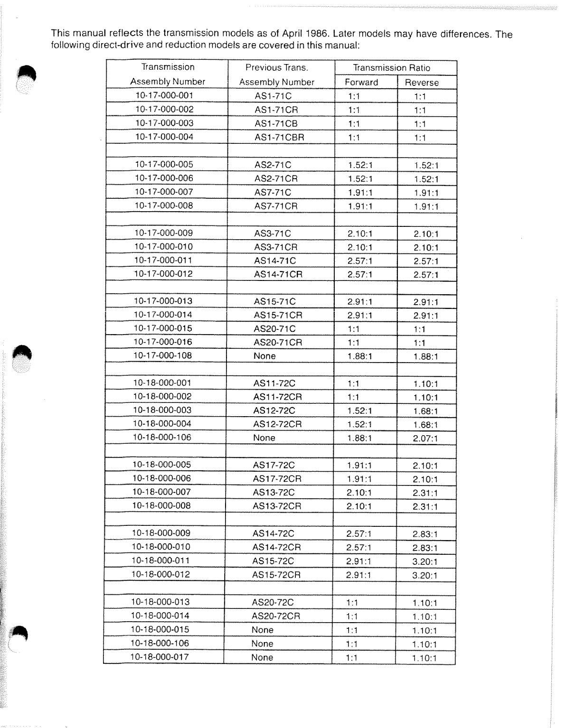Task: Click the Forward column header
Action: (x=361, y=82)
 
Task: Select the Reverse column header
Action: (x=422, y=83)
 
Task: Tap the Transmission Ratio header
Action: (x=391, y=68)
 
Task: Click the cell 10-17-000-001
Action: (x=164, y=95)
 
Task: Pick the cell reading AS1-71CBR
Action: (x=279, y=138)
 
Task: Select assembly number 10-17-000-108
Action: (x=163, y=355)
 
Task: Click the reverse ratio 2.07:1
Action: (x=425, y=439)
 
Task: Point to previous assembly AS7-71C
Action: (x=273, y=192)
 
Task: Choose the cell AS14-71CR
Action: (x=278, y=274)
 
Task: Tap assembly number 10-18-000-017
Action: (x=160, y=657)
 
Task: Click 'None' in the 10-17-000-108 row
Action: (x=264, y=356)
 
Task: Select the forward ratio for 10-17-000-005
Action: (x=360, y=165)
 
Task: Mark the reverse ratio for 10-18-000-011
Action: (x=425, y=562)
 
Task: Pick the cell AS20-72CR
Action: (x=276, y=616)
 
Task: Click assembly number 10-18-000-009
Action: (x=161, y=533)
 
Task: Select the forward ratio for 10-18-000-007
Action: (x=359, y=493)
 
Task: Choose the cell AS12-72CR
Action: (x=277, y=424)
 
